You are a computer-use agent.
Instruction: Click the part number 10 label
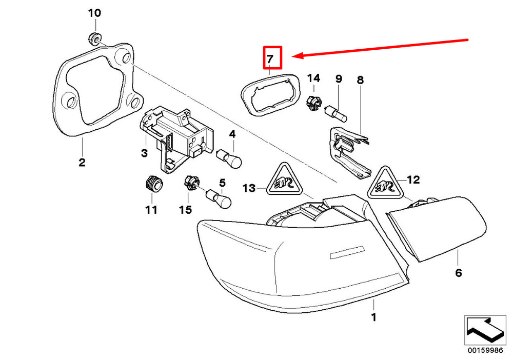click(x=94, y=13)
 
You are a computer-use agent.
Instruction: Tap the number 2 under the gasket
click(x=82, y=162)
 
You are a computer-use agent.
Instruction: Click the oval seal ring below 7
click(x=270, y=94)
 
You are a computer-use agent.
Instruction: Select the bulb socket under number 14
click(x=314, y=103)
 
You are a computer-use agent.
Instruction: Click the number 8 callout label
click(x=360, y=80)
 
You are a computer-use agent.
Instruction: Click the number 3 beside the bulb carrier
click(x=144, y=153)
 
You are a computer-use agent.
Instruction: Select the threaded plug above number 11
click(x=153, y=184)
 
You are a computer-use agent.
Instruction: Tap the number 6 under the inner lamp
click(x=458, y=272)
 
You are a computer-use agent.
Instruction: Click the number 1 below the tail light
click(x=373, y=317)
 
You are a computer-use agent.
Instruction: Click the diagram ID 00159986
click(x=485, y=350)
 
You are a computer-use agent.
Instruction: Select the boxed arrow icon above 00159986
click(x=485, y=330)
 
